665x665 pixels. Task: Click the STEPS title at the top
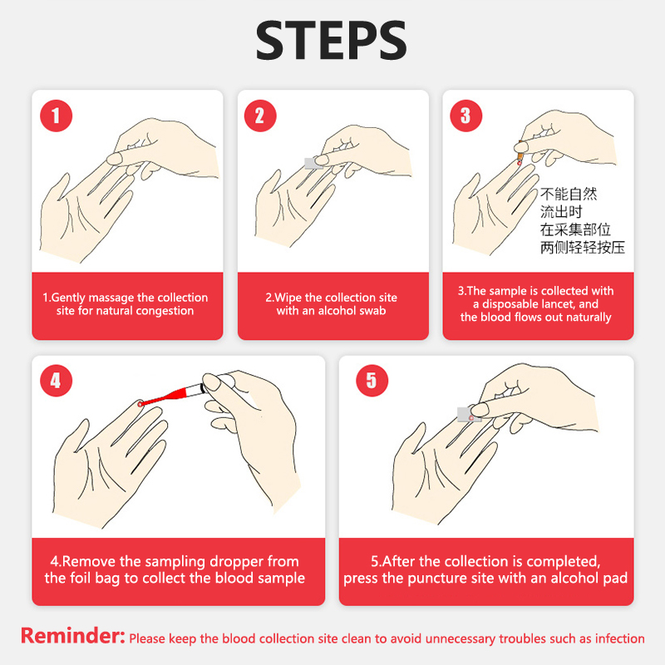(331, 41)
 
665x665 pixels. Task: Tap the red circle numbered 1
(56, 116)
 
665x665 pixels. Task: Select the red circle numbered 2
(260, 116)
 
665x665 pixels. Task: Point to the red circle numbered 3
(465, 116)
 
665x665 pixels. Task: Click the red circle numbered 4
(56, 381)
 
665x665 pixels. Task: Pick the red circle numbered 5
(372, 381)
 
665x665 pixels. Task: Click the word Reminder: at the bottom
(73, 636)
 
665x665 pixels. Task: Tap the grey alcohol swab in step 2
(313, 163)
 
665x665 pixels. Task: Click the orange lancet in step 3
(520, 154)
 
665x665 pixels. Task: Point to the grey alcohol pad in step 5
(468, 414)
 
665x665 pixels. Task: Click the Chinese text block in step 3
(583, 220)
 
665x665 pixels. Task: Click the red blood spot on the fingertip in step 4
(140, 404)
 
